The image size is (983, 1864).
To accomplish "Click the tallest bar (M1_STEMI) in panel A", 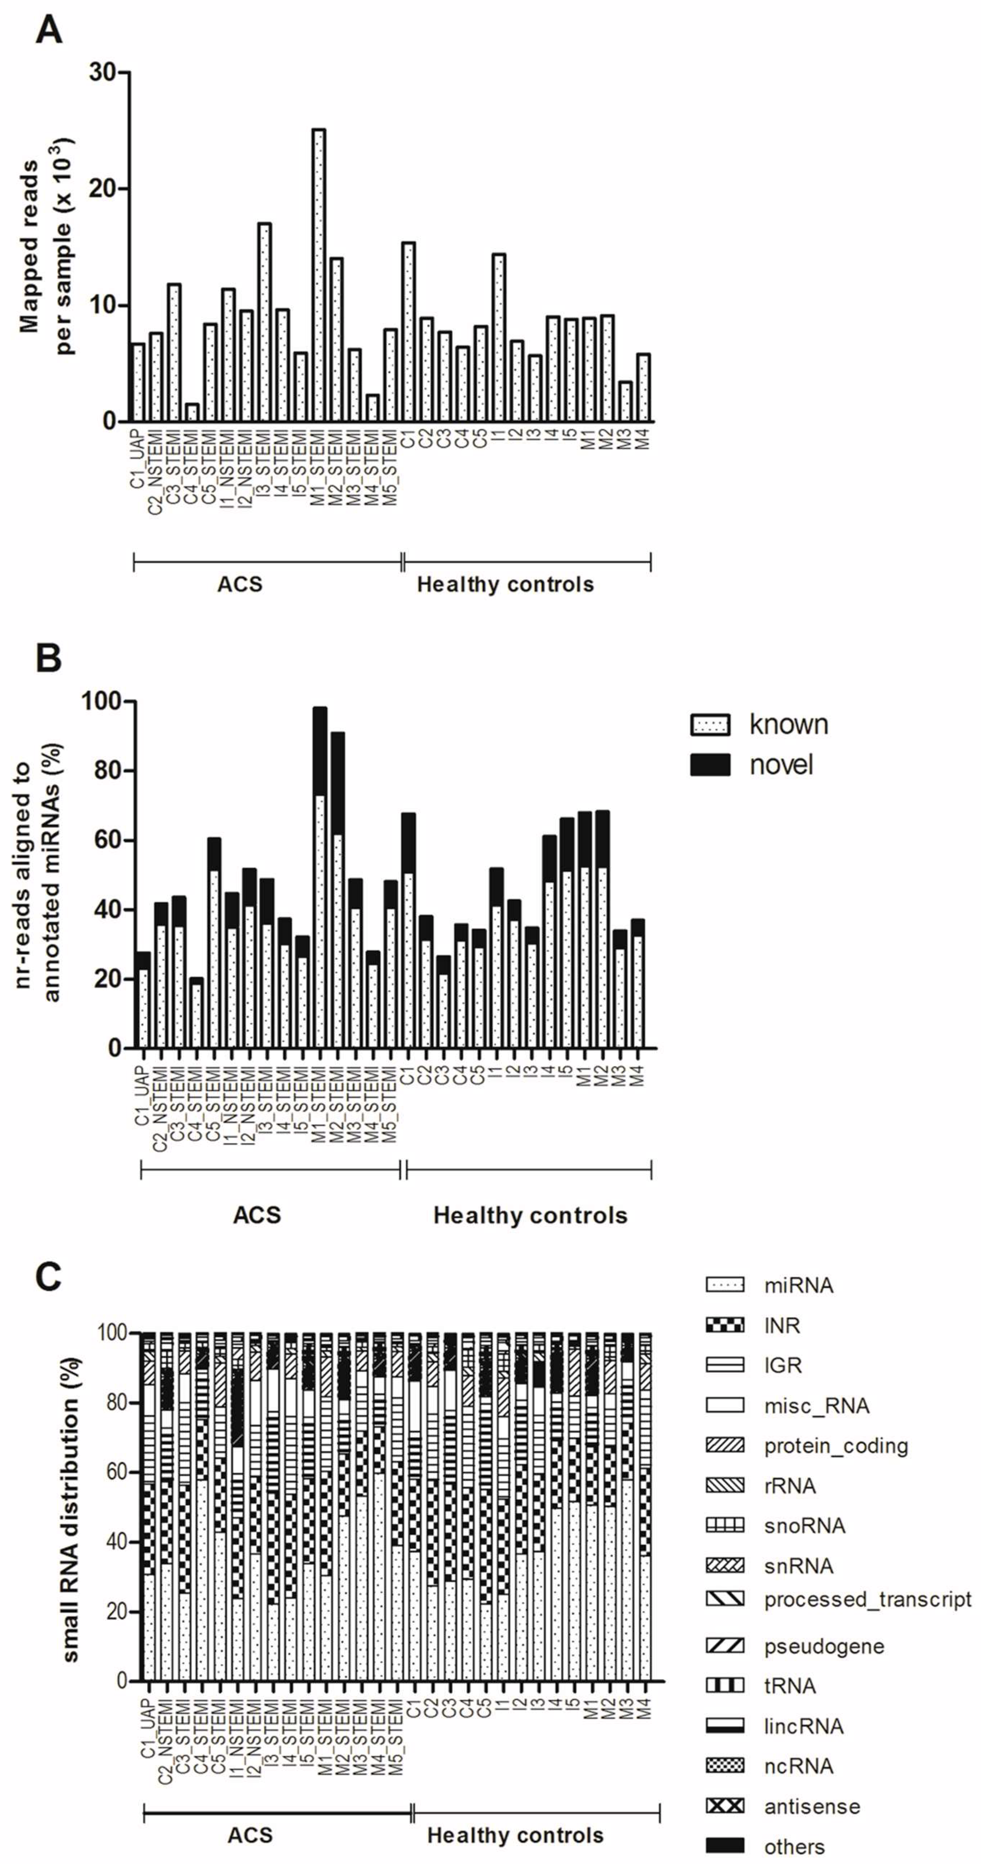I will (x=318, y=275).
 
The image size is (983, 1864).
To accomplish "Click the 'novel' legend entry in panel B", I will (x=781, y=765).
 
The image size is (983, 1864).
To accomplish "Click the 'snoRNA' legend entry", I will (x=804, y=1526).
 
